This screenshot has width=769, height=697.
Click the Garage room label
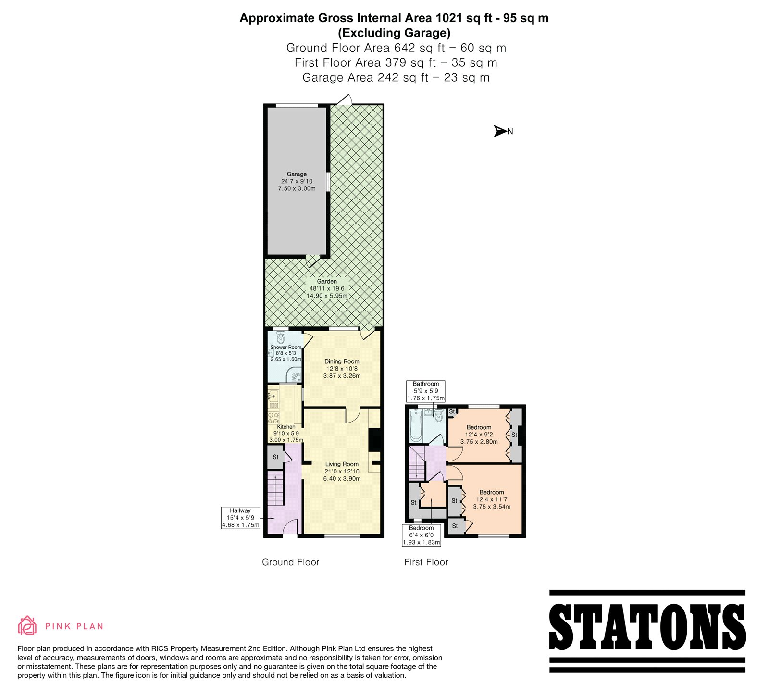[x=297, y=181]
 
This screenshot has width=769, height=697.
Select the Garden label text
[x=327, y=288]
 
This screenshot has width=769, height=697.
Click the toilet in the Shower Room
[x=281, y=336]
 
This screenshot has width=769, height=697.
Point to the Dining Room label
[x=342, y=369]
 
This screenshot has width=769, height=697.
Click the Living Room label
[x=342, y=471]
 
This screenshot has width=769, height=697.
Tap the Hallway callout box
[x=240, y=518]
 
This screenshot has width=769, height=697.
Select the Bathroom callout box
[x=426, y=391]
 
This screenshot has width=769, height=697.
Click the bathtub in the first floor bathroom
[x=416, y=425]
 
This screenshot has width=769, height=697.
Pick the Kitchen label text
[x=286, y=433]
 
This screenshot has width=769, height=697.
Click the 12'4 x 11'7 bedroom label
[x=492, y=499]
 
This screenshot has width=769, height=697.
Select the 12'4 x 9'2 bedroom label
[x=479, y=435]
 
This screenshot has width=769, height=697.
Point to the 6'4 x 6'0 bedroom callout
[x=422, y=535]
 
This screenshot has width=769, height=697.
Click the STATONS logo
[x=647, y=631]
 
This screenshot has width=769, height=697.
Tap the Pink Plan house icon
[x=27, y=625]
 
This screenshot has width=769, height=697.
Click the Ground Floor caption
[x=290, y=562]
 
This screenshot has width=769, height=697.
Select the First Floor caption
[x=426, y=562]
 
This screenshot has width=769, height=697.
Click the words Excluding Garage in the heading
[x=394, y=33]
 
